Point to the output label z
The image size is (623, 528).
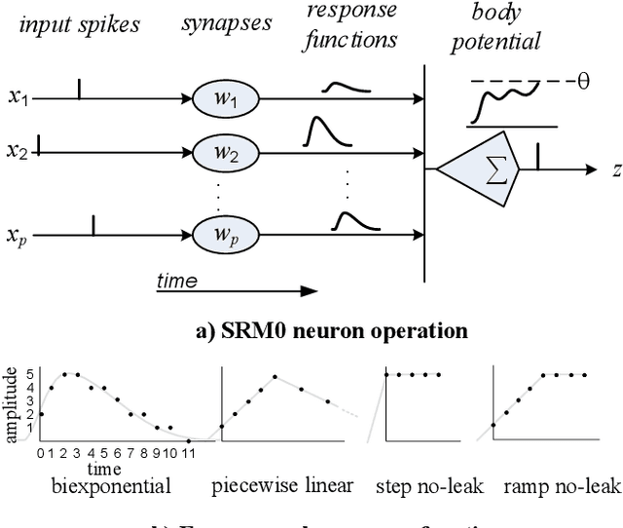coord(615,170)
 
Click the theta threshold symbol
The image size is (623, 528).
coord(583,81)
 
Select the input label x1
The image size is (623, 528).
coord(17,98)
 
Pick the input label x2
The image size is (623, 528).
coord(17,152)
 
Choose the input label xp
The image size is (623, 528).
coord(17,236)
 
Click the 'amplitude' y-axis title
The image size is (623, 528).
coord(12,404)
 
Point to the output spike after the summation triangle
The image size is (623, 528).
coord(537,155)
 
